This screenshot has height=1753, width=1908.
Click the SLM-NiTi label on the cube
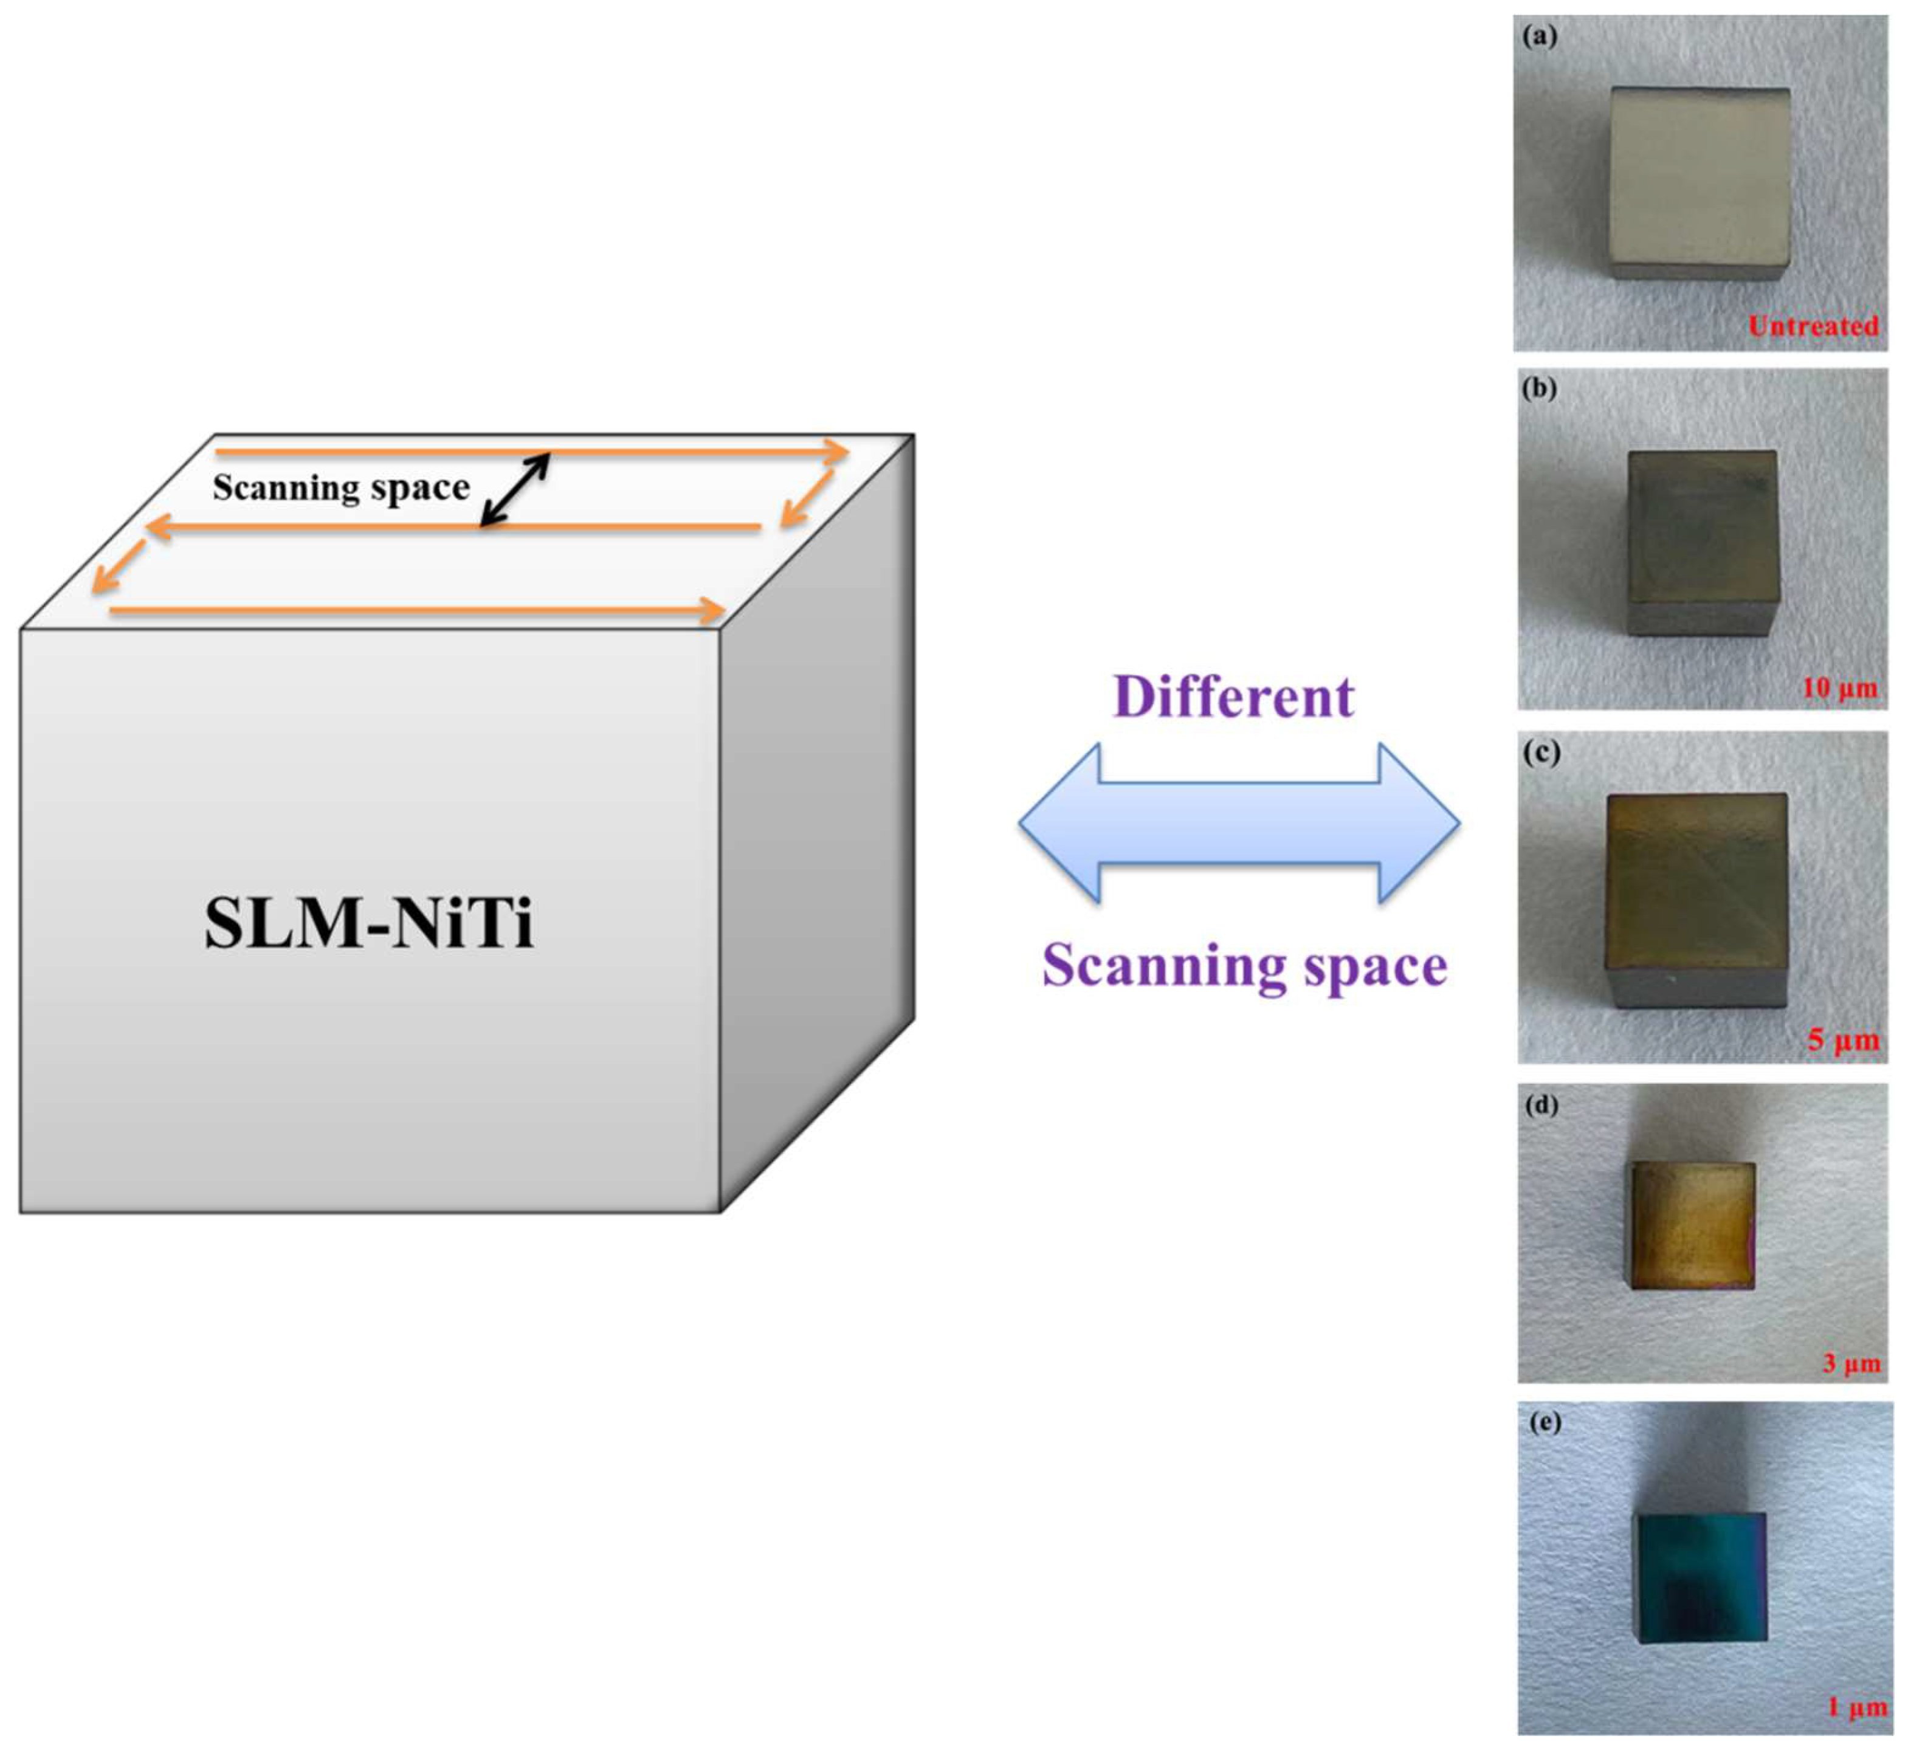369,923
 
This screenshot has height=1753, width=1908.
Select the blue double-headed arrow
1238,822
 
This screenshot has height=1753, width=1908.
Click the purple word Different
1233,697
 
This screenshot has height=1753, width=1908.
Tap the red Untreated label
1813,326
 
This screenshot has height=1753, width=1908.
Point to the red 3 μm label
1850,1364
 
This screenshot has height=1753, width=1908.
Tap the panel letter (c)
1541,753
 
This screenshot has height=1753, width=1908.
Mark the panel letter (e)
1545,1423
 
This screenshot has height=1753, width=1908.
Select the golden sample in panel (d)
1692,1225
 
